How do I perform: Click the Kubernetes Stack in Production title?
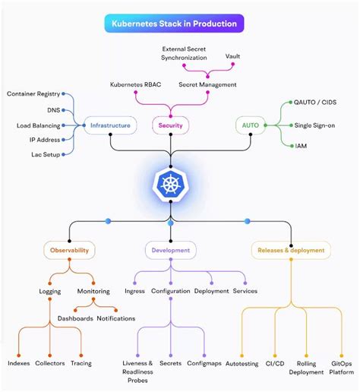pyautogui.click(x=174, y=24)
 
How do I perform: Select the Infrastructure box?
pyautogui.click(x=110, y=125)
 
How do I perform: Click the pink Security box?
pyautogui.click(x=172, y=125)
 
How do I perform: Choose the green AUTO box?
pyautogui.click(x=251, y=125)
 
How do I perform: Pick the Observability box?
pyautogui.click(x=69, y=249)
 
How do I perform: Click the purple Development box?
pyautogui.click(x=170, y=249)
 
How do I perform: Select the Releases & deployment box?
pyautogui.click(x=291, y=249)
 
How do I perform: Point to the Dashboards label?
pyautogui.click(x=75, y=318)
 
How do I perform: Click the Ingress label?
pyautogui.click(x=134, y=291)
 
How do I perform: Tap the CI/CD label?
pyautogui.click(x=275, y=364)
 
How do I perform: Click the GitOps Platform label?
pyautogui.click(x=342, y=368)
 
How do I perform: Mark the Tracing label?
pyautogui.click(x=81, y=363)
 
